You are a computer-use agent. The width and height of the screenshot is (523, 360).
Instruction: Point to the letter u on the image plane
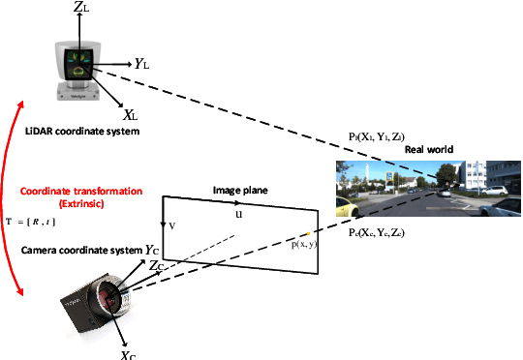coord(238,214)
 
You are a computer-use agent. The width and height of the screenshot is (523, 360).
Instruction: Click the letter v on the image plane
coord(172,225)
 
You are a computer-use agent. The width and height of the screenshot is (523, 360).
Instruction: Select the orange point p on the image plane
coord(308,234)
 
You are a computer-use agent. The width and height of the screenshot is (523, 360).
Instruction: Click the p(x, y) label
coord(304,245)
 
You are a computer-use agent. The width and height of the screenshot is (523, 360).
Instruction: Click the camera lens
coord(112,290)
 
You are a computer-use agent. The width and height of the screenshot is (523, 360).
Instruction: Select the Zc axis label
coord(161,266)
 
